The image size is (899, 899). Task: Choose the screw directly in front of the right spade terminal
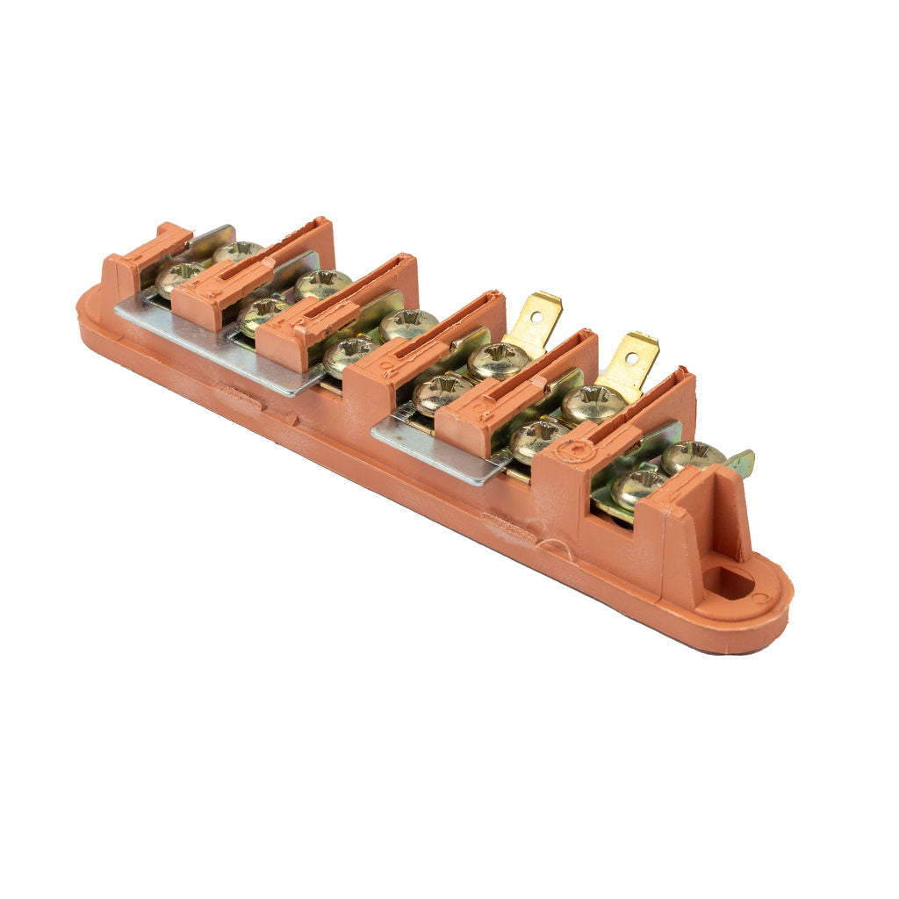pyautogui.click(x=593, y=402)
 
